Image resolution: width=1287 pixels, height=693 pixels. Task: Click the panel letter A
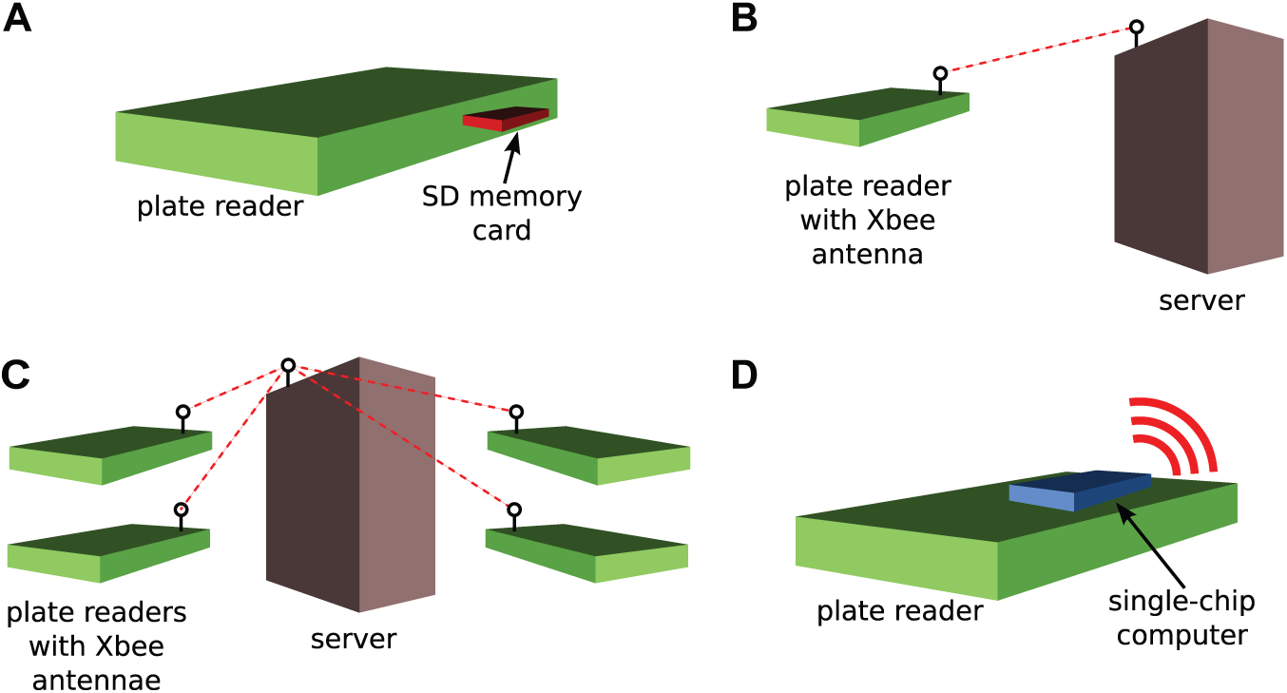17,18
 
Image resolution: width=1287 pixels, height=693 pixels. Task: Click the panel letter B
744,18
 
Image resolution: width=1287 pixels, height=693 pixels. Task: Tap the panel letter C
15,375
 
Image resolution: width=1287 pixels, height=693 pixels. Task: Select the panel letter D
744,375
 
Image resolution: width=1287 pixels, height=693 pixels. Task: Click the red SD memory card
506,119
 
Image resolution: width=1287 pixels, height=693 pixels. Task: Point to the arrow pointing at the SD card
510,158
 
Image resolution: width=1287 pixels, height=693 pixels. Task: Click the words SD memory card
502,213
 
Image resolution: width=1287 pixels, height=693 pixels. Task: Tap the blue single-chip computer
1080,491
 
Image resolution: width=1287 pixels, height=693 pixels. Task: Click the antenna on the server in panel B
1136,33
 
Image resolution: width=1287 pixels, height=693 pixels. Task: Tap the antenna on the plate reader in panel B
940,81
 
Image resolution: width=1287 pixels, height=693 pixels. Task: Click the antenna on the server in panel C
288,373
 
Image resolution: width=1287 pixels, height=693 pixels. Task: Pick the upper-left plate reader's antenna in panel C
182,419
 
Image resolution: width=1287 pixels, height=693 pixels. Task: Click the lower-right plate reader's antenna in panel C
514,516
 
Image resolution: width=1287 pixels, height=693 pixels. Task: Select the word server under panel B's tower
1201,301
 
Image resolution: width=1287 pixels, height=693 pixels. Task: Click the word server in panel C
354,639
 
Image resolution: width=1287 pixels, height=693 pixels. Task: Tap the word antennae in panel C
97,681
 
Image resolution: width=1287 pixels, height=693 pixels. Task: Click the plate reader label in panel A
220,206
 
